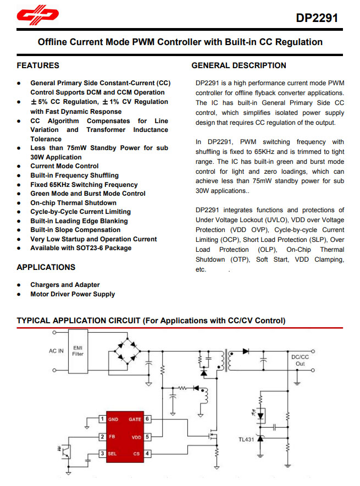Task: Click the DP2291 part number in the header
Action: coord(317,18)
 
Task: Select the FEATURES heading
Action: coord(38,65)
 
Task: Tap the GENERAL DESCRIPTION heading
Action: coord(239,65)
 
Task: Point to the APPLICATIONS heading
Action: coord(46,267)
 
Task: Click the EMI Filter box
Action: coord(79,351)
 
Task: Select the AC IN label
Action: coord(57,351)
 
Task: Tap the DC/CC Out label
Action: coord(300,360)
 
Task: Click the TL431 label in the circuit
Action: coord(246,439)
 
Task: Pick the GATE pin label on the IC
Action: coord(135,419)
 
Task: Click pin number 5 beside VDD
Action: coord(148,437)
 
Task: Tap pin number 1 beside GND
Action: coord(102,419)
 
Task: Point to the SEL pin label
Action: coord(113,454)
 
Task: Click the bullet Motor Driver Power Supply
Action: coord(73,294)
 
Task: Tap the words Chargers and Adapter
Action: coord(65,285)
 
